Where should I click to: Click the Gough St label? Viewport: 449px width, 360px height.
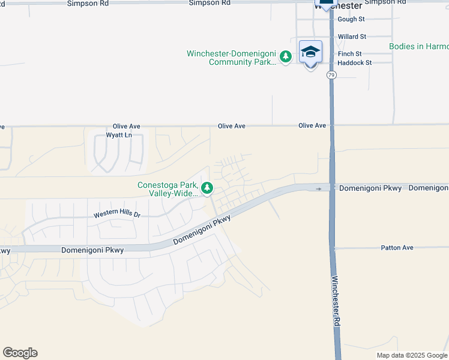[x=351, y=19]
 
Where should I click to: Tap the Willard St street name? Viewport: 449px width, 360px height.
[x=352, y=37]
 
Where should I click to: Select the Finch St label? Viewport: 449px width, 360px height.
[x=349, y=53]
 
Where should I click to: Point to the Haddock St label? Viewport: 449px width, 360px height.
[x=354, y=62]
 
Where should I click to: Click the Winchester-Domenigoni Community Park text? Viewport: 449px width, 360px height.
[x=231, y=58]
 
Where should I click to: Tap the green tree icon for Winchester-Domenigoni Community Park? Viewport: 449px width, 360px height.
[x=286, y=57]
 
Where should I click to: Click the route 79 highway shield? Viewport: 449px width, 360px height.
[x=331, y=75]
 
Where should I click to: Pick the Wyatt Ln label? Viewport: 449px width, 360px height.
[x=118, y=135]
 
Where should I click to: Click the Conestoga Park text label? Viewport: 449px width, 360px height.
[x=168, y=189]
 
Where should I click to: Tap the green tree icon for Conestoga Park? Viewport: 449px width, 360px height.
[x=207, y=188]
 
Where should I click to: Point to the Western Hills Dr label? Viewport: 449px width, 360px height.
[x=116, y=214]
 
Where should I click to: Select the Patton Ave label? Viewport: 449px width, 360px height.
[x=397, y=247]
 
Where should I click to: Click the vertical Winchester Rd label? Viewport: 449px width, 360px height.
[x=337, y=300]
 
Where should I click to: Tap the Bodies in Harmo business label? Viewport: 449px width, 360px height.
[x=418, y=46]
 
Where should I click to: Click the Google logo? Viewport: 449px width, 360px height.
[x=20, y=353]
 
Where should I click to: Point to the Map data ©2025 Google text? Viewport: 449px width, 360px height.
[x=411, y=355]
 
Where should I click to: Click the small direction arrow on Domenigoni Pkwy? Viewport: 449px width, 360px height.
[x=319, y=188]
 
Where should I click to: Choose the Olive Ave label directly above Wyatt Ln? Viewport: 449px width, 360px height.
[x=126, y=127]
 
